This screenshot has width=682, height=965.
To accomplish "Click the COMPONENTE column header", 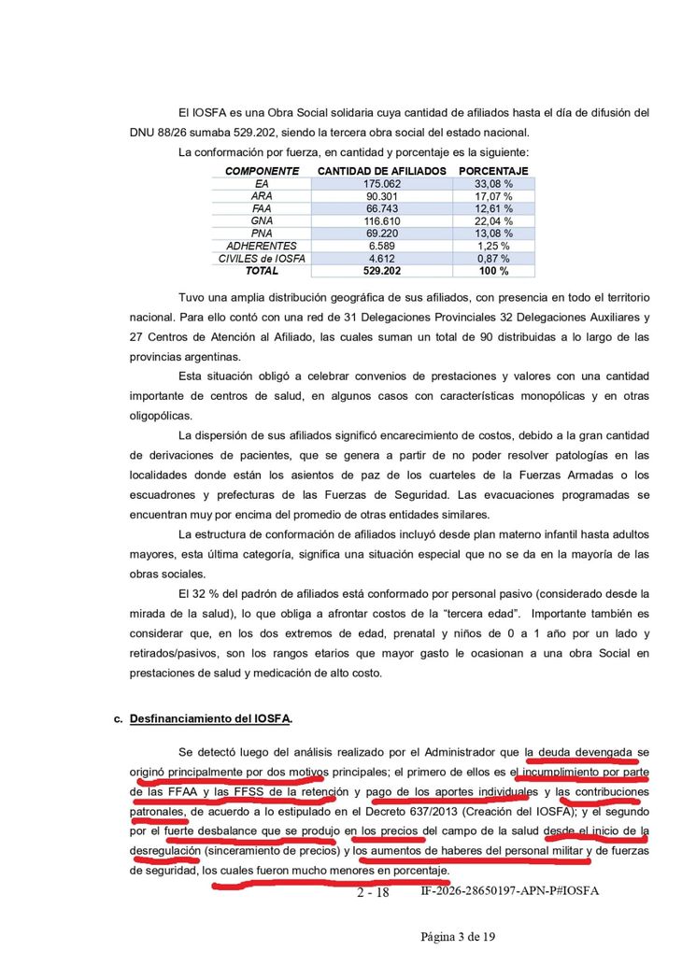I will [x=262, y=171].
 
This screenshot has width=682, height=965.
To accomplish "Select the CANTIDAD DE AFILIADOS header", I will [x=381, y=171].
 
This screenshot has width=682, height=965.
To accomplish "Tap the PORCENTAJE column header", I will [x=493, y=171].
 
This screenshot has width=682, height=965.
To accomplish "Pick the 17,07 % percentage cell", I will [x=493, y=196].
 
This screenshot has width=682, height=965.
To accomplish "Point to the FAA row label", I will [x=262, y=208].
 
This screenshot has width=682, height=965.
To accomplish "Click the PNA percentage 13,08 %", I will [x=493, y=234].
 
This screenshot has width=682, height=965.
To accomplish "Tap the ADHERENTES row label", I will [x=262, y=246].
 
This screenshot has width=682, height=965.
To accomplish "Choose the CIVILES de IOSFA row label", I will [x=262, y=258].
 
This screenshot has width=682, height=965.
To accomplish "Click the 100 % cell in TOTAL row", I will [x=493, y=271].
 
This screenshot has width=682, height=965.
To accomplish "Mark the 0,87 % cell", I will [x=493, y=258].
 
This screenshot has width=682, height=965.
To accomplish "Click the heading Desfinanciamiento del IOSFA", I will [x=211, y=718].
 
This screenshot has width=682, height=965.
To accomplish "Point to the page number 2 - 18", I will [x=373, y=892].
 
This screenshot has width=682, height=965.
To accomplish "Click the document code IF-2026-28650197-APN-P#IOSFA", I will [x=509, y=891].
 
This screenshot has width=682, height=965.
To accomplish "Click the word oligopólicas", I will [x=162, y=416].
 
